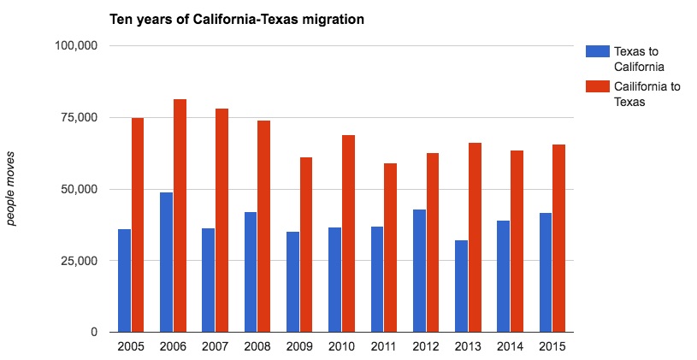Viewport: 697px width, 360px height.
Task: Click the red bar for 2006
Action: pyautogui.click(x=180, y=215)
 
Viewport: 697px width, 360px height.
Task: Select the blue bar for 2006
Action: pyautogui.click(x=166, y=262)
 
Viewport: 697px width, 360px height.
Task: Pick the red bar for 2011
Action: pyautogui.click(x=390, y=247)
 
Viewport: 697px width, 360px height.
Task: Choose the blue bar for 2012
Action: pyautogui.click(x=419, y=270)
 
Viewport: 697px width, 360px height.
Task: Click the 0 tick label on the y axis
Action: pyautogui.click(x=93, y=332)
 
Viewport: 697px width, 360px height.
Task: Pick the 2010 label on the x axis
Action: pyautogui.click(x=341, y=346)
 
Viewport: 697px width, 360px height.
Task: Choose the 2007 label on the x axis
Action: pyautogui.click(x=215, y=346)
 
